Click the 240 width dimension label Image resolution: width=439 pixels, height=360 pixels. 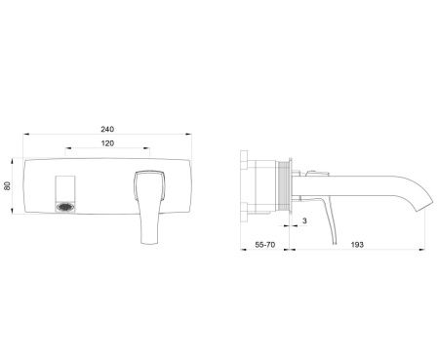tap(107, 129)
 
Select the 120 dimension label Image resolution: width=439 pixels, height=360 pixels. tap(107, 143)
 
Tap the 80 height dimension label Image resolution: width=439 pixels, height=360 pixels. tap(7, 185)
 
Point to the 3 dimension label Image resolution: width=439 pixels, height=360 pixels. tap(304, 220)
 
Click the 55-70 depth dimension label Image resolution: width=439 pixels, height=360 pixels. tap(264, 245)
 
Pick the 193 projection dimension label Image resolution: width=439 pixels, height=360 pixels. tap(357, 245)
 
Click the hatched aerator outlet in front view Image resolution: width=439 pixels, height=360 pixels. tap(65, 207)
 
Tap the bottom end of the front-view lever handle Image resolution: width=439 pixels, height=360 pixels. tap(150, 243)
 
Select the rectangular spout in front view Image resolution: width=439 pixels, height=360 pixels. tap(65, 194)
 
